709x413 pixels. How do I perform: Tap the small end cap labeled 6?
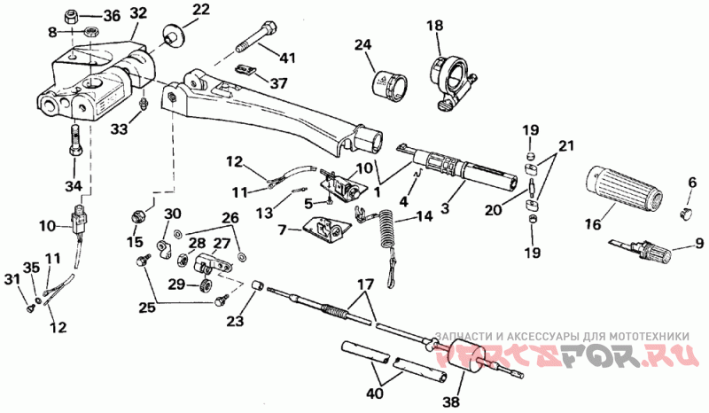(686, 212)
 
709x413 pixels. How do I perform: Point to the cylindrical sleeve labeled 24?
(389, 84)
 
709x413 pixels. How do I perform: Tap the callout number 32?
(139, 12)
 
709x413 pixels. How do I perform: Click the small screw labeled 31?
(31, 308)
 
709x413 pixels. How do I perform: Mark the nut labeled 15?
(137, 216)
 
